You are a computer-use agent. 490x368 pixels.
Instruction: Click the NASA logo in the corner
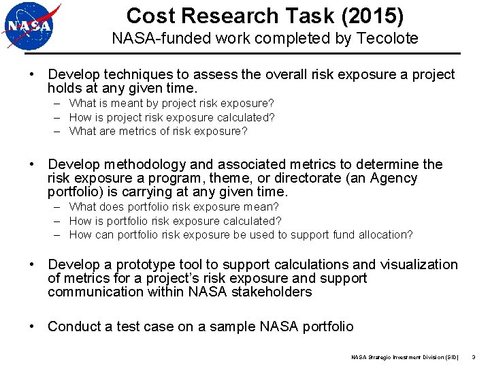(x=31, y=27)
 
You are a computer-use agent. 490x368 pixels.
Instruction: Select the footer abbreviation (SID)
(x=451, y=357)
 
